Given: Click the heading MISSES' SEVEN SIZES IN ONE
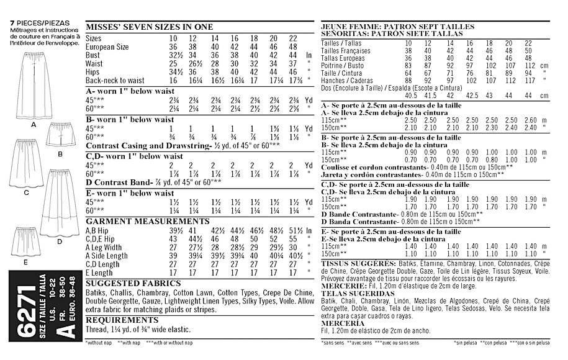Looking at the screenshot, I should click(x=149, y=27).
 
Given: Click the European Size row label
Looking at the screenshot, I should click(x=107, y=47).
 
